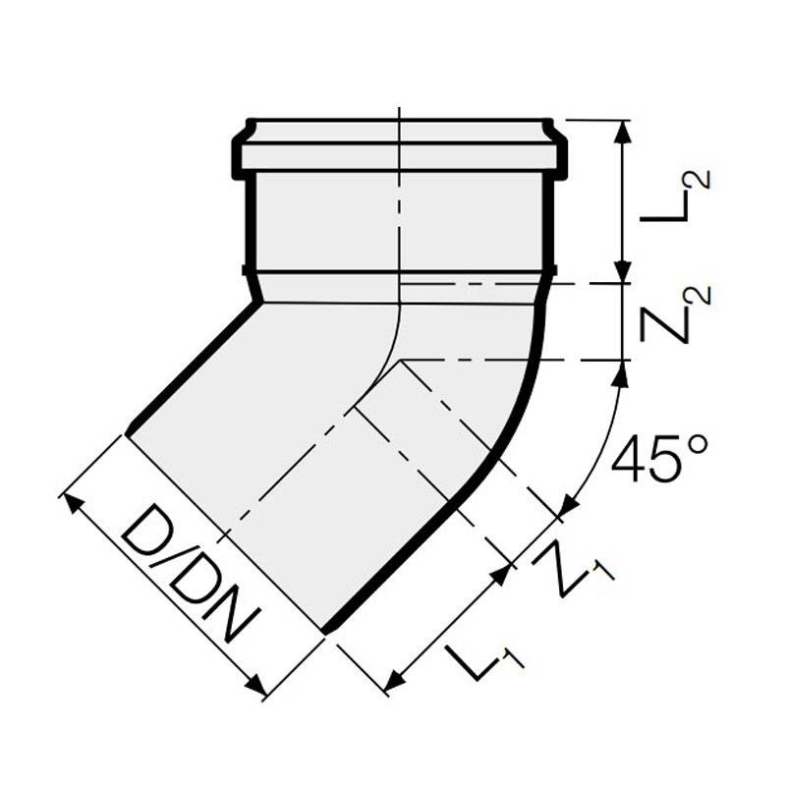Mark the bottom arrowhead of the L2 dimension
coord(622,276)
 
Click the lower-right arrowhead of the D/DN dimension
coord(260,693)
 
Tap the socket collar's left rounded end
coord(239,147)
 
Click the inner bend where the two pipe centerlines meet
coord(400,362)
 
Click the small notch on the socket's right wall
coord(552,269)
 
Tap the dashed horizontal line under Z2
coord(511,361)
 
